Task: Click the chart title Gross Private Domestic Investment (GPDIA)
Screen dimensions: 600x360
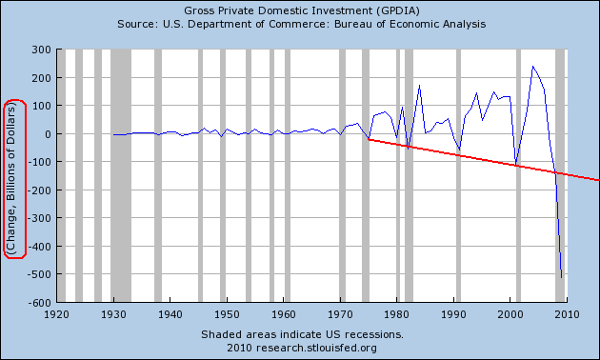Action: click(x=302, y=10)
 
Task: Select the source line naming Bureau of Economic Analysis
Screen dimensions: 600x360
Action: click(x=302, y=24)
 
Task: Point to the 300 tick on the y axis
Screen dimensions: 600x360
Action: click(x=41, y=50)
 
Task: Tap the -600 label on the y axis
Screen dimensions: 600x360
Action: click(x=39, y=303)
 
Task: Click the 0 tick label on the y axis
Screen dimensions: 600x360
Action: click(x=48, y=134)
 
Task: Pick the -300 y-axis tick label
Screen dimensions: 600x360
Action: click(x=39, y=218)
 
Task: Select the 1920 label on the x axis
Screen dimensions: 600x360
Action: click(x=56, y=314)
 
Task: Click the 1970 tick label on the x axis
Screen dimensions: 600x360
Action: click(x=340, y=314)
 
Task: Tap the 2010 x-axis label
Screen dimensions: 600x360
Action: click(x=567, y=314)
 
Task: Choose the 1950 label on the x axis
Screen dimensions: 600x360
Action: click(x=227, y=314)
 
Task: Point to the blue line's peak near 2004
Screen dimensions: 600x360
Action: click(x=532, y=66)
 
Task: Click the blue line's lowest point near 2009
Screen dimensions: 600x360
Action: click(x=561, y=277)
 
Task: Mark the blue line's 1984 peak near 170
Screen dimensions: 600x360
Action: click(x=419, y=86)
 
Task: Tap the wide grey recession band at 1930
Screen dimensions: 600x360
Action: click(x=121, y=175)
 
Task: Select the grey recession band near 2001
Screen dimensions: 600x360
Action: click(x=518, y=175)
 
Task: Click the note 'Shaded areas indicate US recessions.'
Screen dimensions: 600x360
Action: click(x=302, y=334)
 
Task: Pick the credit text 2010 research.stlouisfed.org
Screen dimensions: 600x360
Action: click(x=302, y=348)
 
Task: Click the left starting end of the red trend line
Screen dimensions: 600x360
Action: click(x=369, y=139)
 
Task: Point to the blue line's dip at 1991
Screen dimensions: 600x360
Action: click(x=459, y=150)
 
